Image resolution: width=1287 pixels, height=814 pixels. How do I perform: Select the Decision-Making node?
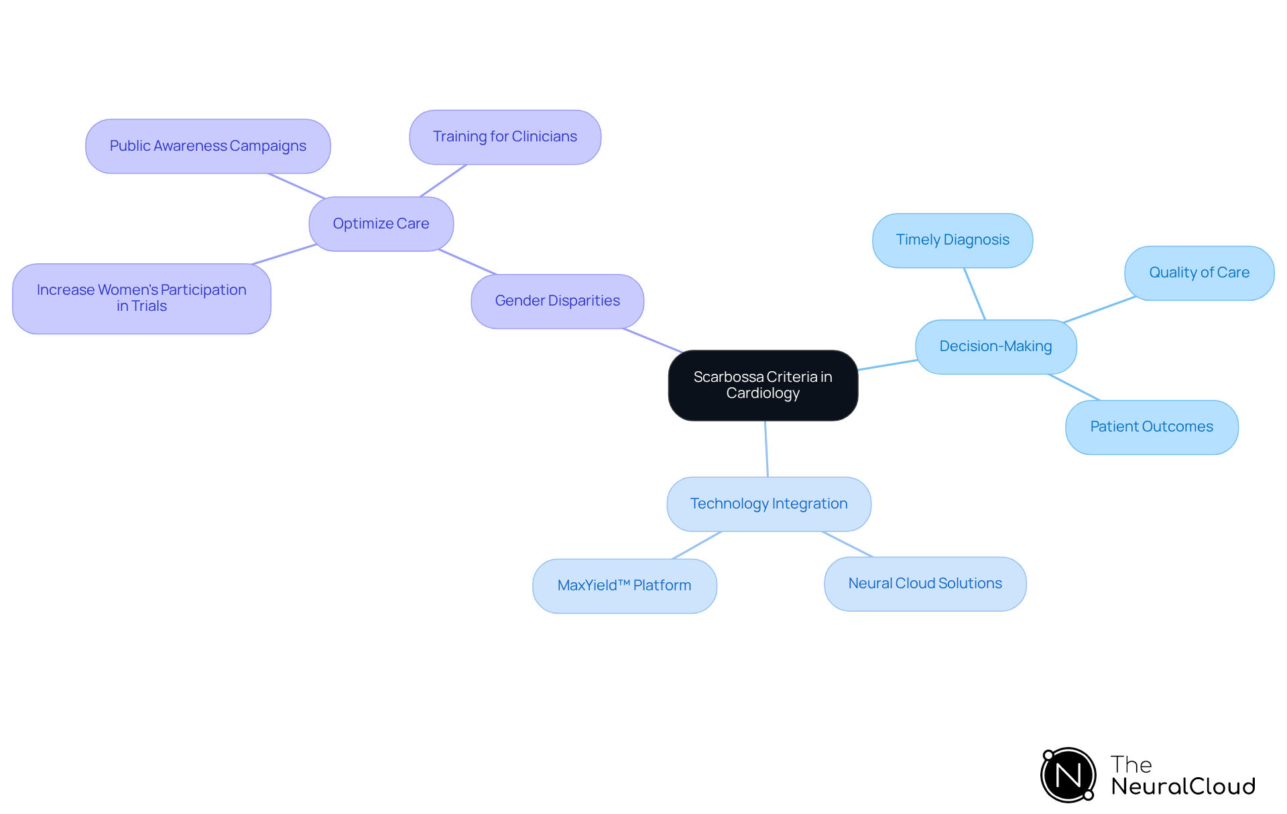[995, 346]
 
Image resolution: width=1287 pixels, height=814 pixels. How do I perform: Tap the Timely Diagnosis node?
[952, 240]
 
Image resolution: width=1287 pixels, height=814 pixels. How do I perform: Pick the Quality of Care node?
[1199, 273]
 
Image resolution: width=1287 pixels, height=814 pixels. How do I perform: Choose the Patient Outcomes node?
[1151, 427]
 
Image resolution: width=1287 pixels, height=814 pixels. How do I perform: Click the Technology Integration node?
[768, 504]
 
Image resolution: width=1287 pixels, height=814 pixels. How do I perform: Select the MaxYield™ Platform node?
[624, 586]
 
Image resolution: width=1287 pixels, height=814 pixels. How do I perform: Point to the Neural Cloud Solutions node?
[924, 584]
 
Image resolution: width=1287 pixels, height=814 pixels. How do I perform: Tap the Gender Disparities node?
[557, 301]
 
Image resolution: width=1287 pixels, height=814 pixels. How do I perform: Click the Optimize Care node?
[381, 224]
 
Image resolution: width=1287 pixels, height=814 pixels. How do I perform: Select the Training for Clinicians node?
[505, 137]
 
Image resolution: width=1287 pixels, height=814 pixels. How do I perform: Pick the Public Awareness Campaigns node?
[208, 146]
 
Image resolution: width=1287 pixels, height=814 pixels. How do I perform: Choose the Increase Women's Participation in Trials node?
[141, 298]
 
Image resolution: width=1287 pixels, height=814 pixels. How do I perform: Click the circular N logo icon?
[1068, 775]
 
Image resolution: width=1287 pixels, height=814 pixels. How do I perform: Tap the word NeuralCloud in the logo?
[1182, 787]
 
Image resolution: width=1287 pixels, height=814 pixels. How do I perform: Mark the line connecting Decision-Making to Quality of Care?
[1099, 310]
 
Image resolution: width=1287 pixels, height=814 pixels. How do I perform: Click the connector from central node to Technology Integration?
[766, 449]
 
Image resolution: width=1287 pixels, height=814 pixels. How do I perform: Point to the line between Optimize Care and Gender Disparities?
[467, 262]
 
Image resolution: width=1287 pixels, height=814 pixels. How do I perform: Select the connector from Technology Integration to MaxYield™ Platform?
[697, 545]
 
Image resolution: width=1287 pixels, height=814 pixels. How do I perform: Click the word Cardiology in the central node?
[763, 393]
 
